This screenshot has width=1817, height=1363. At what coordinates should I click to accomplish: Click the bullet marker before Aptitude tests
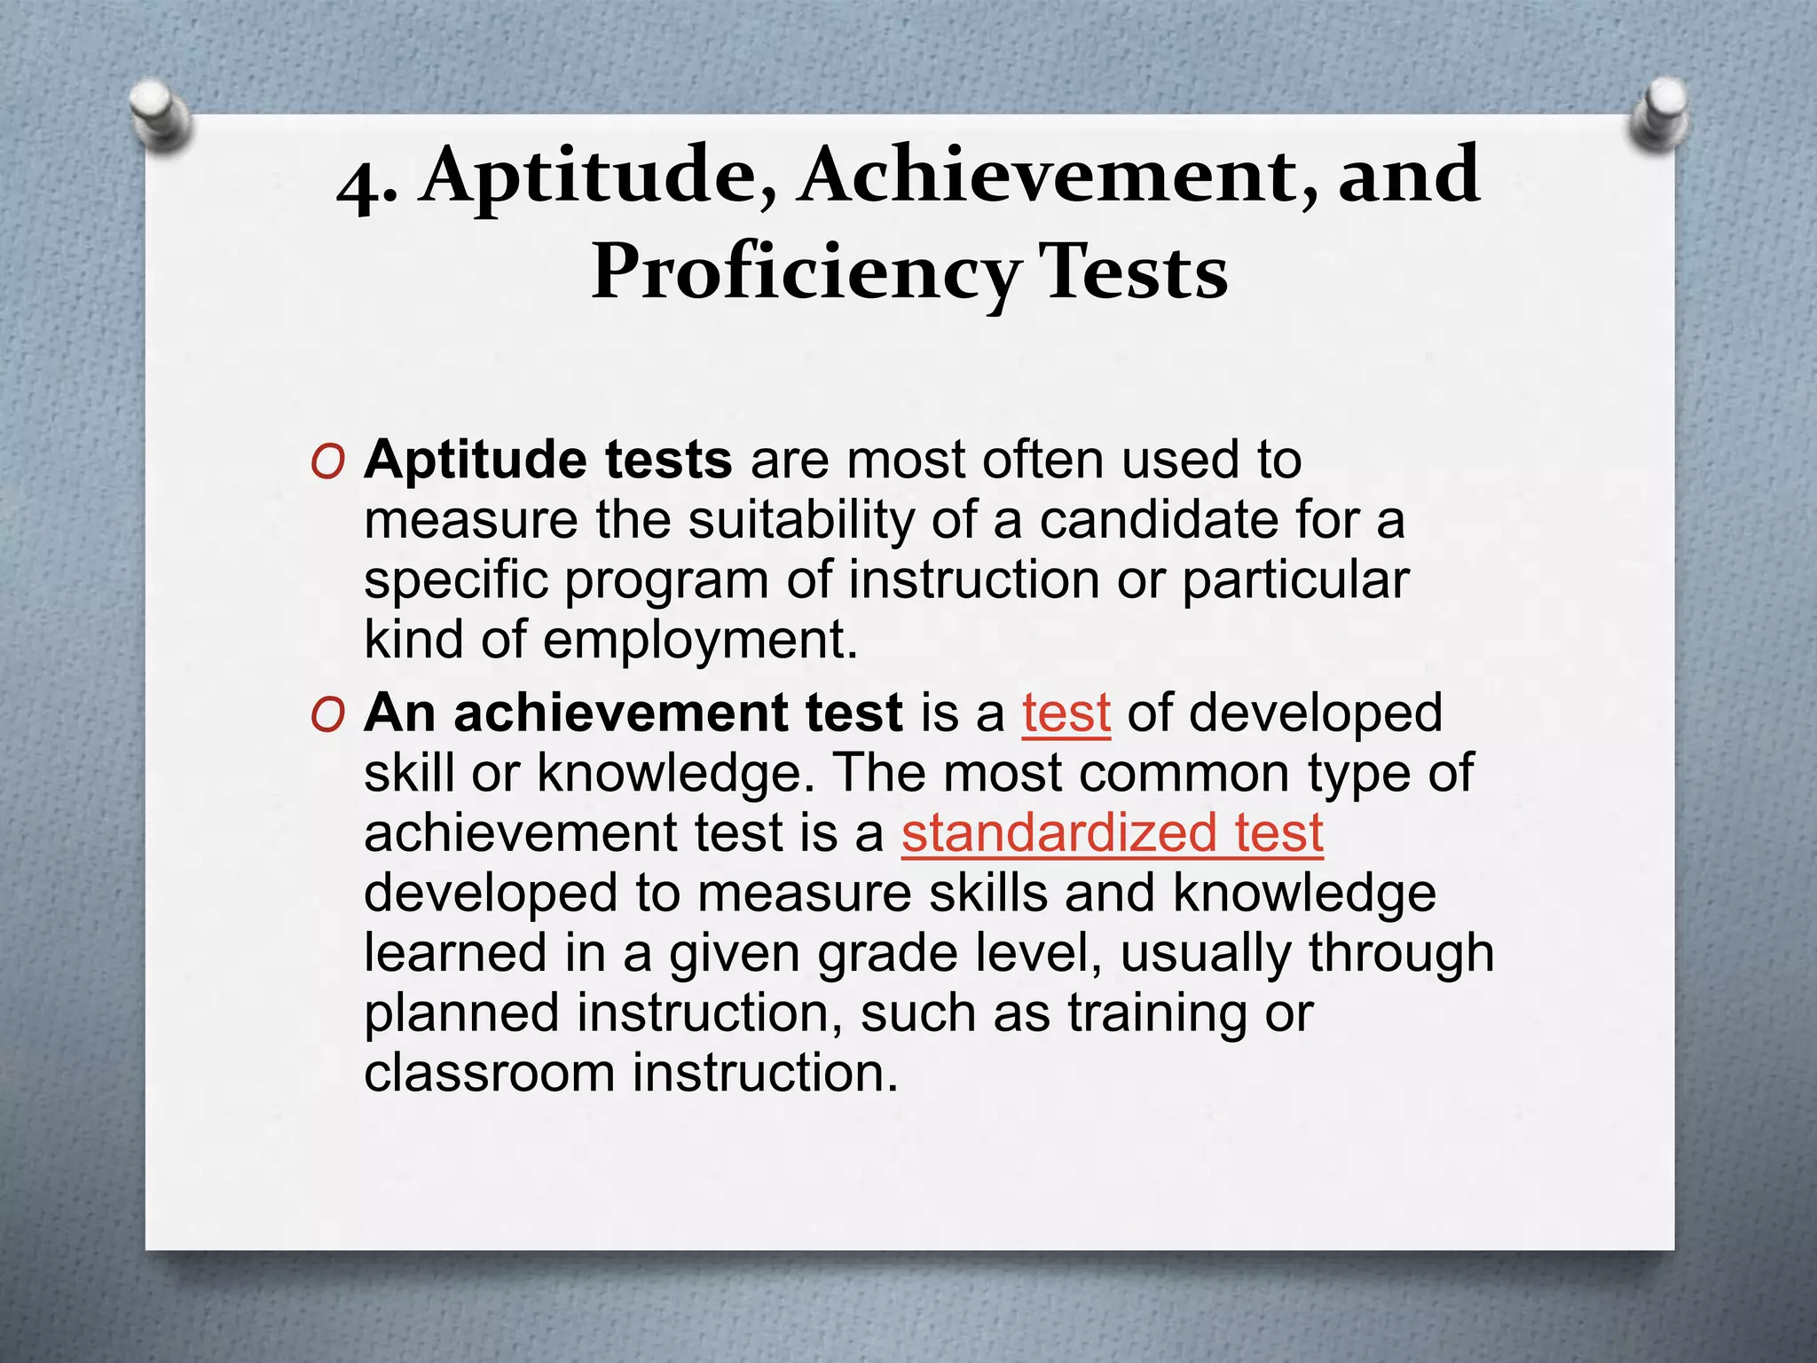(x=327, y=462)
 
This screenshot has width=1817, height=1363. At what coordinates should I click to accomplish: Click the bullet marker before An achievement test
(x=327, y=715)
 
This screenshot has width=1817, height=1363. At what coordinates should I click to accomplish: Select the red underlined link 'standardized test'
(x=1113, y=833)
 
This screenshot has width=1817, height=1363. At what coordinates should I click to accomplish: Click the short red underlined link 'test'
(x=1066, y=713)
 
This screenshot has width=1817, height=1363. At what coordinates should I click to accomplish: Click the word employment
(x=700, y=641)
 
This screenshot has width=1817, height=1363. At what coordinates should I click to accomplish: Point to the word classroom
(x=489, y=1073)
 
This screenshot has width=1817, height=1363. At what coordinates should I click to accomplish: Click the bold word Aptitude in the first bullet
(x=476, y=461)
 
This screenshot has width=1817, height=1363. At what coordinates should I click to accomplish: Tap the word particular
(x=1295, y=580)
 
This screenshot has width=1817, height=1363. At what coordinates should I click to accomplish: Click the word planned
(x=461, y=1013)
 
